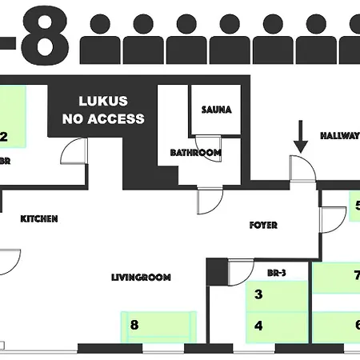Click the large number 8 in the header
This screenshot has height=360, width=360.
[x=40, y=36]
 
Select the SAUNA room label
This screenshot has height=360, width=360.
[x=216, y=110]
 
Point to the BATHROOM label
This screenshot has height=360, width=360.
[x=195, y=152]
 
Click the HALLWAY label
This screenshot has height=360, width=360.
[x=339, y=136]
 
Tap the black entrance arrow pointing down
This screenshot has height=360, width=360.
[x=301, y=137]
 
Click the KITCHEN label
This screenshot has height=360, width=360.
[x=39, y=218]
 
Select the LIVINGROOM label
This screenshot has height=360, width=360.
[x=142, y=277]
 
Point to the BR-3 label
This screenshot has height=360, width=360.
[x=278, y=273]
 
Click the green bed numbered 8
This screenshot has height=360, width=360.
[x=158, y=325]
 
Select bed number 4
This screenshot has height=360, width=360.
[x=276, y=326]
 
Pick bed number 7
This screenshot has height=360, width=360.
[x=336, y=277]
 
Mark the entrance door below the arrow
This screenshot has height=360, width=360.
[x=302, y=169]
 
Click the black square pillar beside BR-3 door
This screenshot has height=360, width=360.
[x=217, y=272]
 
